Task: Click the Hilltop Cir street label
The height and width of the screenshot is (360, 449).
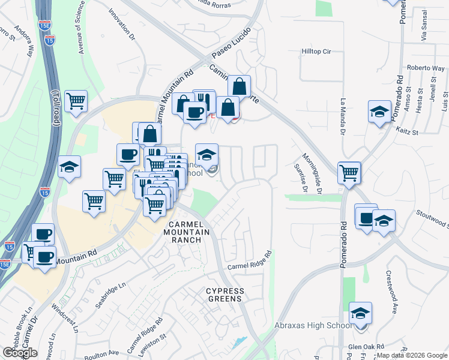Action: tap(316, 52)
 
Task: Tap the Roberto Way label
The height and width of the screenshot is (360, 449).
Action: tap(424, 68)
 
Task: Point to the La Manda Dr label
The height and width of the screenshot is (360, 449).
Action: tap(344, 114)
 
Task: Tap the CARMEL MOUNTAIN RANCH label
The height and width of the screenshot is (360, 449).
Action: tap(186, 236)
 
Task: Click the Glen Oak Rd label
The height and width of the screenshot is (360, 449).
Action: tap(367, 347)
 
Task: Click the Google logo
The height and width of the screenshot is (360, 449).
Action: tap(20, 353)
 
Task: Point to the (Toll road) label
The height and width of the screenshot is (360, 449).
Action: tap(56, 109)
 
